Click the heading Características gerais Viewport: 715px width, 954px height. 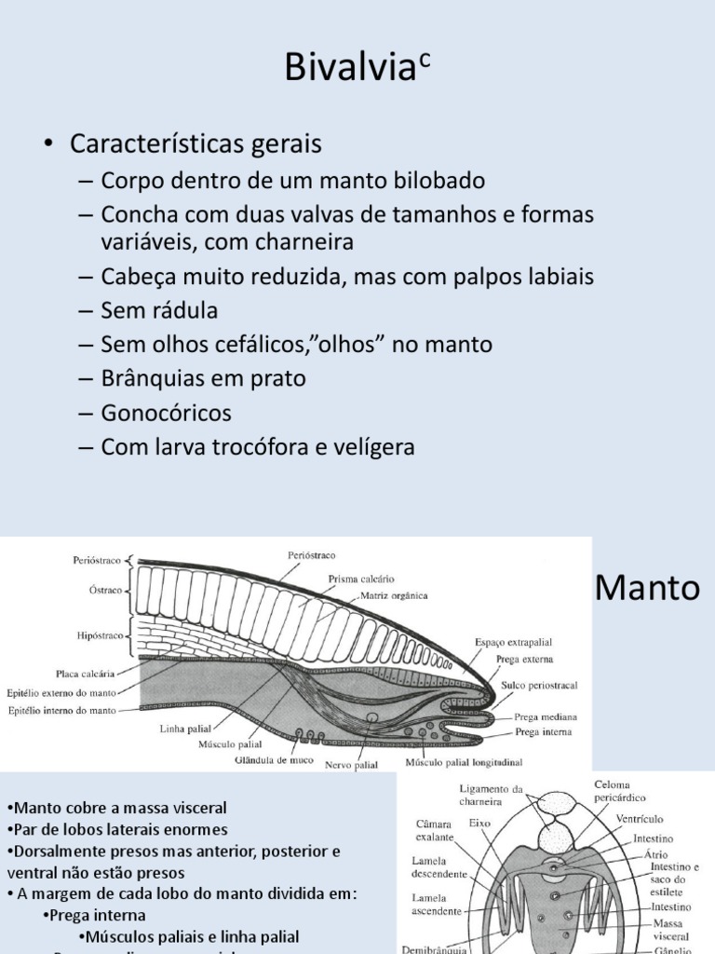[196, 144]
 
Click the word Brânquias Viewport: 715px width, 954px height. [153, 379]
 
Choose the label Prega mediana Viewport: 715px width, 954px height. [545, 717]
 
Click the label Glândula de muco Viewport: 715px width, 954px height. [272, 759]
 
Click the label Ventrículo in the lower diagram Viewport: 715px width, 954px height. [640, 819]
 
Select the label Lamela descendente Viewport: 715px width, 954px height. [440, 866]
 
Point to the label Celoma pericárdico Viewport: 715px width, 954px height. [620, 791]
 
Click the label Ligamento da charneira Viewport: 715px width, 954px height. [492, 795]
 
